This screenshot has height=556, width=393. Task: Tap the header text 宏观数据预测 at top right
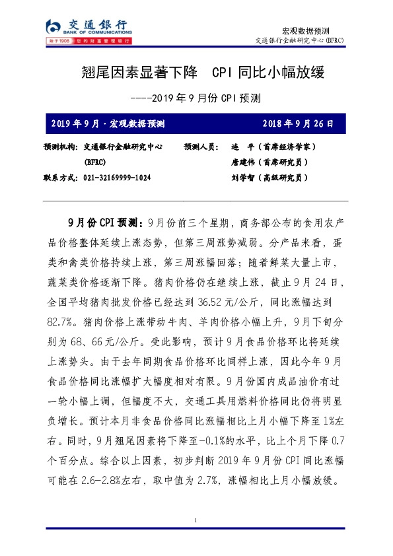tap(305, 30)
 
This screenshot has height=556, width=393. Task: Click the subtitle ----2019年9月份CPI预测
tap(196, 98)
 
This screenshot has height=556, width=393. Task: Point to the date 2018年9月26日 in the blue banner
tap(298, 123)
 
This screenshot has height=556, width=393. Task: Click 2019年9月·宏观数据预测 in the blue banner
tap(108, 123)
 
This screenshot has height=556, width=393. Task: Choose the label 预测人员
tap(202, 147)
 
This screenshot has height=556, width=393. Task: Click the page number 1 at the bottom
tap(196, 522)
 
